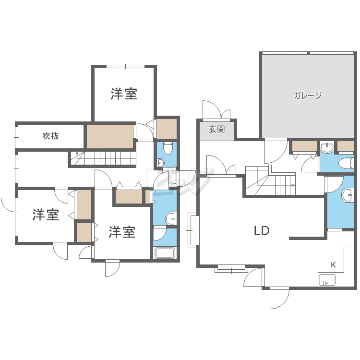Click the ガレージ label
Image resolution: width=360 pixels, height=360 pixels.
[308, 95]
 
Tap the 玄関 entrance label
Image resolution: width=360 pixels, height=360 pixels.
[217, 129]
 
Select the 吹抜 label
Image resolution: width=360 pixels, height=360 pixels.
[51, 136]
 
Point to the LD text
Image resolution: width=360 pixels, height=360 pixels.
[262, 231]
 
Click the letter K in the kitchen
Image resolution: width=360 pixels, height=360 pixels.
[333, 264]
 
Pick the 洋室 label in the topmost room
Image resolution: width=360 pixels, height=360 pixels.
[124, 94]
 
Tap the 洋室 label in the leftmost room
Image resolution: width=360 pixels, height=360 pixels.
[46, 215]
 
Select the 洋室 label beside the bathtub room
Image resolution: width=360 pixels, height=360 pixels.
[122, 232]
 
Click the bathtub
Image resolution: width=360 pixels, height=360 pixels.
[165, 253]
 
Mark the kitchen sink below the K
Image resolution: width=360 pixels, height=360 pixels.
[327, 279]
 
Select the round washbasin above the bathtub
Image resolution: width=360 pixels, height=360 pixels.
[171, 219]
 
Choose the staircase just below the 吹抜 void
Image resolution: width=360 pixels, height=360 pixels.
[103, 157]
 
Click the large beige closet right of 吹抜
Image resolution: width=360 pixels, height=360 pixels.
[110, 136]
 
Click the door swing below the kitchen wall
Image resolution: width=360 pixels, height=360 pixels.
[278, 297]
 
